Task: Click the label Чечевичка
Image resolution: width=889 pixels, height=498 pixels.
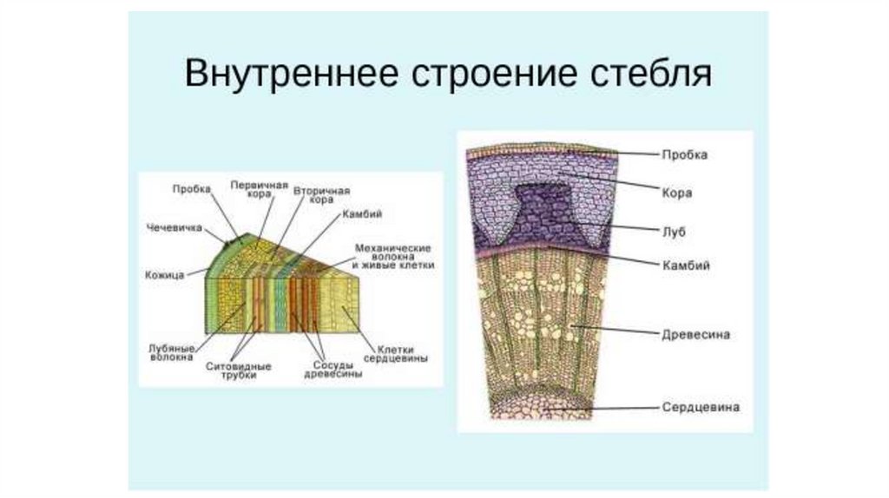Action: [175, 228]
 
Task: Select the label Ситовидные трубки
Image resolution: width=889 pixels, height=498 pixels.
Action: [239, 370]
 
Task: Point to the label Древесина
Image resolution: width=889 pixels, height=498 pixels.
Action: [695, 333]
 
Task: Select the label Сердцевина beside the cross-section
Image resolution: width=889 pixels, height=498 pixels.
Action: [701, 406]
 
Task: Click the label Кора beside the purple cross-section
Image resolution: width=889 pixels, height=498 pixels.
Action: [676, 193]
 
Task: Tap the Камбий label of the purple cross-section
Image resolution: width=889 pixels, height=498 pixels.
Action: [686, 266]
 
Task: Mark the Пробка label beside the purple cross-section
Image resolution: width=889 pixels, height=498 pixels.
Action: [685, 155]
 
